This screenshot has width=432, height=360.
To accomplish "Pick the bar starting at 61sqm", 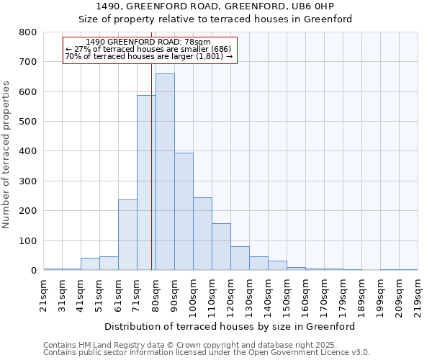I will tap(127, 235).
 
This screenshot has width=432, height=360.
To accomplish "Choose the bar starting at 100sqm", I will tap(202, 233).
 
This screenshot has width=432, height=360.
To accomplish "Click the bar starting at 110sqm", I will tap(221, 246).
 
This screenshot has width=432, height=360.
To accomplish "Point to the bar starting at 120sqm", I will tap(240, 258).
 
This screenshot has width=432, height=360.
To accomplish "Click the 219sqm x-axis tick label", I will tap(418, 295).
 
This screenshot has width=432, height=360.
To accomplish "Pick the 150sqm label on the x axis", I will tap(287, 295).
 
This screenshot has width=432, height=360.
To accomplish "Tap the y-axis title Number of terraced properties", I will tap(6, 155).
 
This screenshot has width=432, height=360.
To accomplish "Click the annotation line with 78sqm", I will tap(148, 42).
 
